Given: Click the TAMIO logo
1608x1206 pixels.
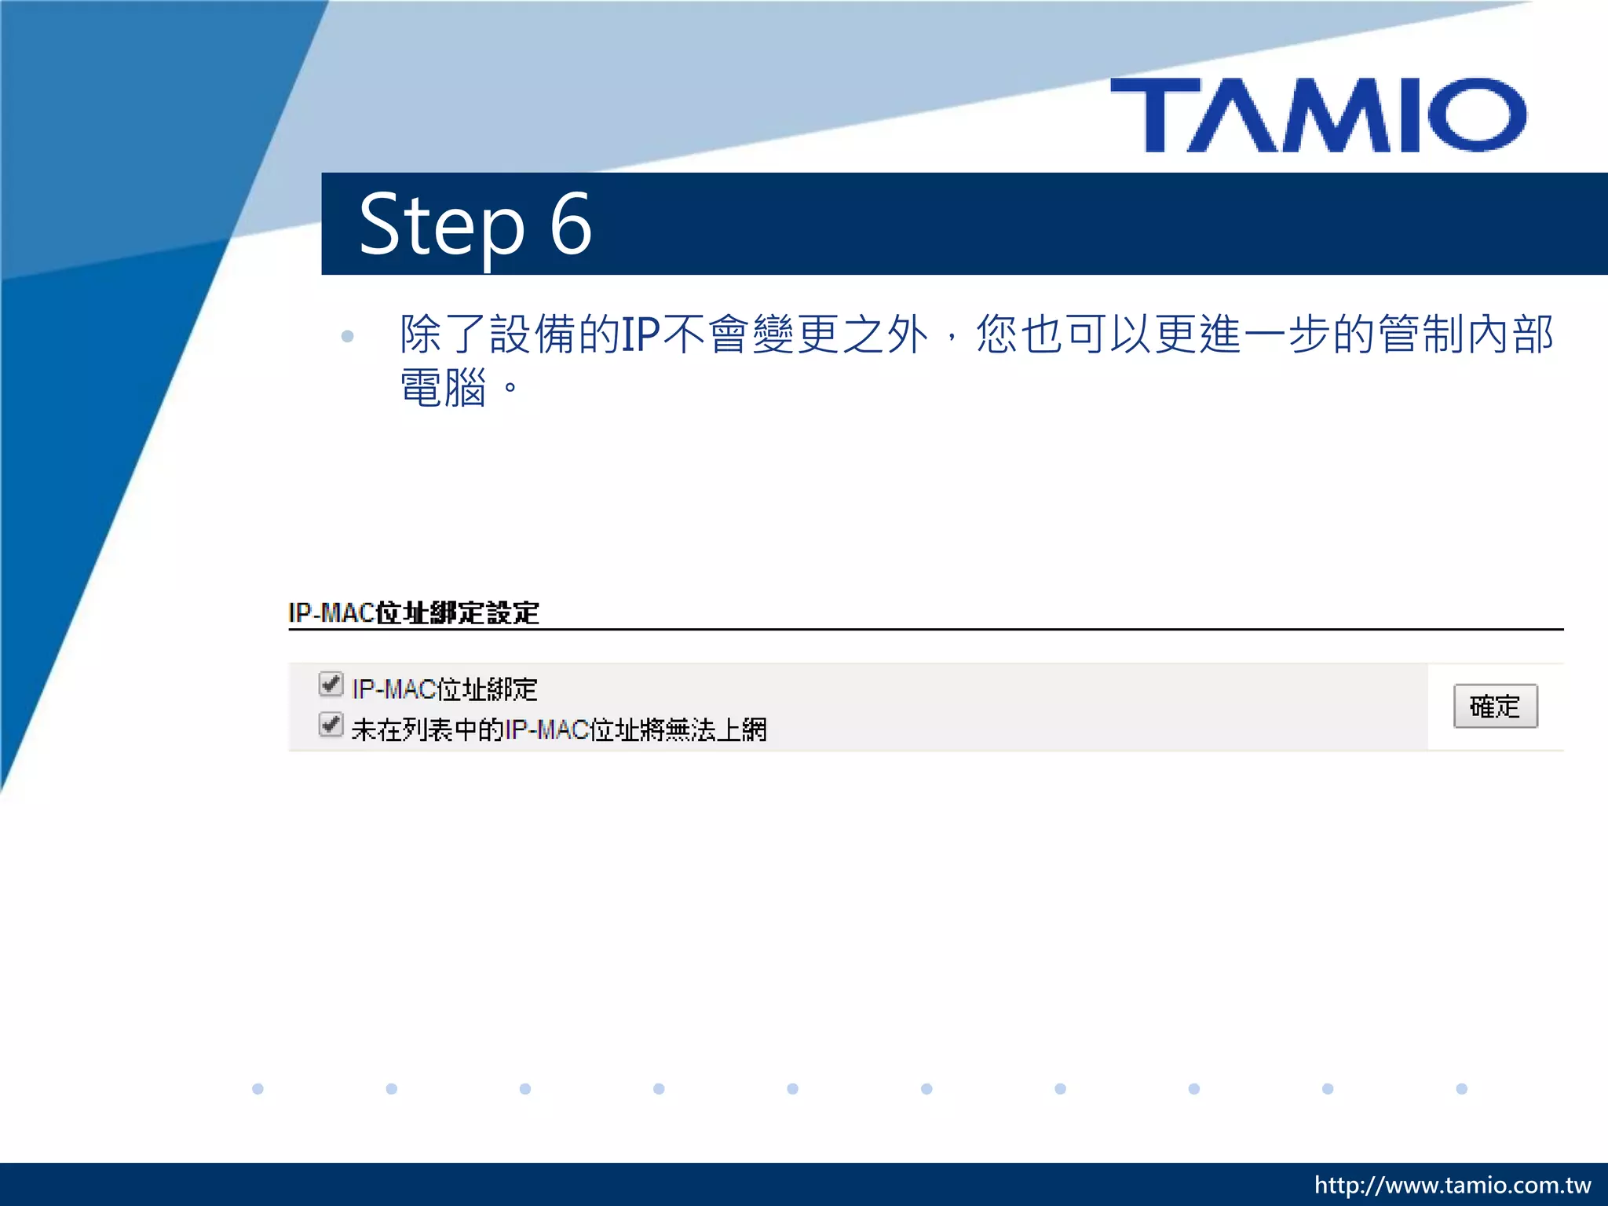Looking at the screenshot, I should (x=1318, y=115).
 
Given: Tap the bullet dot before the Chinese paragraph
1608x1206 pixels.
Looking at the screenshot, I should (x=348, y=337).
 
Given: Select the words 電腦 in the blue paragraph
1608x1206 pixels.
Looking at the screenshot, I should (x=444, y=388).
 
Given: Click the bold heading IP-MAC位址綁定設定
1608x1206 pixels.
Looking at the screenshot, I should (x=414, y=612).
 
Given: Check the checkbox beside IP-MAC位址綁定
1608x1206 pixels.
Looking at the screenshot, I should (x=331, y=684).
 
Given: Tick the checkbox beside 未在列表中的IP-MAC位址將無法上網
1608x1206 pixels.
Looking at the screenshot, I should (x=331, y=725).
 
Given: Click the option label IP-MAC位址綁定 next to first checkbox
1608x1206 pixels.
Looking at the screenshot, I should (x=444, y=689).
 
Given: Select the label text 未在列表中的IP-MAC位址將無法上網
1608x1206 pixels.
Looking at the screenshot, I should (x=559, y=730).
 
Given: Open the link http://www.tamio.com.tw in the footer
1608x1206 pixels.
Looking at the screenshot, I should (x=1453, y=1185).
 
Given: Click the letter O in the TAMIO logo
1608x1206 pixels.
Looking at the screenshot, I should (x=1477, y=115).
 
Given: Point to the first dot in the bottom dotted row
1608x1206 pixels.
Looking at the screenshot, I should (x=258, y=1089).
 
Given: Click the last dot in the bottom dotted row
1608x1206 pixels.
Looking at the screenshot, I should (x=1461, y=1089).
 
